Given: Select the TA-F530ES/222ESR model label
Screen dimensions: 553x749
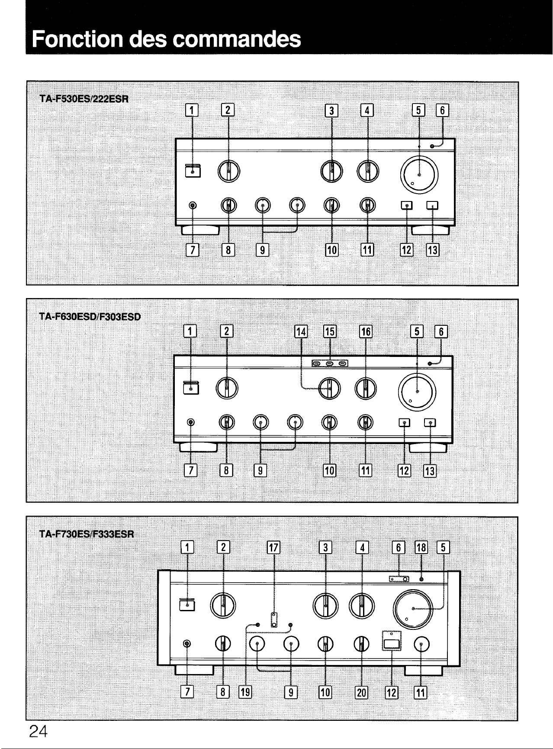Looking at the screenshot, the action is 84,99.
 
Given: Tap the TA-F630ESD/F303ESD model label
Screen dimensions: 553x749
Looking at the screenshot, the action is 90,316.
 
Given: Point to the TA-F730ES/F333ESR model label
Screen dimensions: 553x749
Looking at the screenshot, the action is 87,534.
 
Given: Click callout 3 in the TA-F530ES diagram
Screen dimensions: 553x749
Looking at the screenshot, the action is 331,111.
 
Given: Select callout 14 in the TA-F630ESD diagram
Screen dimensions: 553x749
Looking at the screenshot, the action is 301,332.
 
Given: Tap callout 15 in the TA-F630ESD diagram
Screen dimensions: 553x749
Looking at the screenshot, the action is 330,332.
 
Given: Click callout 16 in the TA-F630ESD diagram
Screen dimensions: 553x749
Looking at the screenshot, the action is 366,332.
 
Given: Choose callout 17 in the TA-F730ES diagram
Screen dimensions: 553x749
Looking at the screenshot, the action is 274,548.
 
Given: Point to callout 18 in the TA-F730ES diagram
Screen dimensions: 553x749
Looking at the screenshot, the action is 421,548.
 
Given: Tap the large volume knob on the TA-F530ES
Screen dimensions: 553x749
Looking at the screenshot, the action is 419,175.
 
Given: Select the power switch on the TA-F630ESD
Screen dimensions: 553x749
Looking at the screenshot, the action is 191,388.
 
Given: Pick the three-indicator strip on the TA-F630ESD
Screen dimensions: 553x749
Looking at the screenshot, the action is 330,363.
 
